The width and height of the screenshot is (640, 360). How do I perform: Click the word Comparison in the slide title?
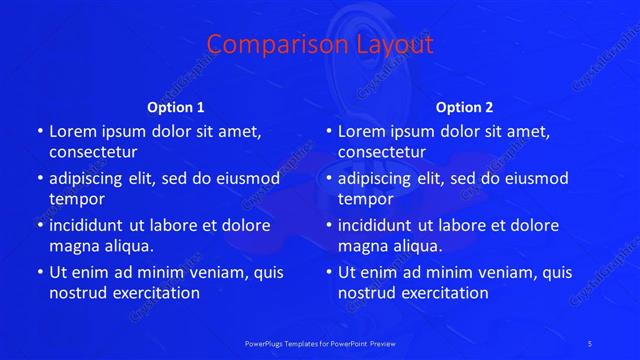(263, 45)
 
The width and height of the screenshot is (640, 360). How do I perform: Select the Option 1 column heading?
(176, 107)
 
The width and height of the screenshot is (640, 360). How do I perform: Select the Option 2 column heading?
(465, 107)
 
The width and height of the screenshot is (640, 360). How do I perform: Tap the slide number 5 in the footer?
(590, 343)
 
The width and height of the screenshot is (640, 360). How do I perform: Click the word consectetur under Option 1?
(93, 152)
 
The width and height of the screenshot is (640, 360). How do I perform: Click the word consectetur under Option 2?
(382, 152)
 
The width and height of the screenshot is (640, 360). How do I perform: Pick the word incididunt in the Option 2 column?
(374, 225)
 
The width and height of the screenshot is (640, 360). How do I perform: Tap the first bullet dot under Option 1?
(40, 131)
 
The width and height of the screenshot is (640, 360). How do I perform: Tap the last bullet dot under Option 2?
(329, 272)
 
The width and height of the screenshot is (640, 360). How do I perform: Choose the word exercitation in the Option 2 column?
(442, 293)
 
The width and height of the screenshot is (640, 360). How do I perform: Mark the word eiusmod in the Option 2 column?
(535, 178)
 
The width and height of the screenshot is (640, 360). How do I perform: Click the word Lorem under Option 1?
(72, 131)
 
